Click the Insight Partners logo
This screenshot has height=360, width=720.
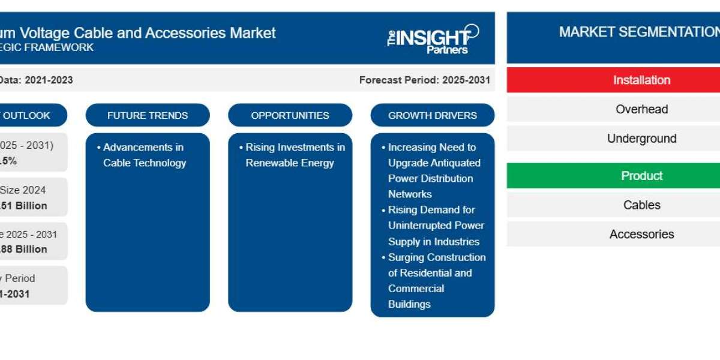(x=433, y=38)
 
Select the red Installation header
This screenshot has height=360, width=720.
(x=641, y=80)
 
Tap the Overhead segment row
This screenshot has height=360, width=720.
(x=641, y=109)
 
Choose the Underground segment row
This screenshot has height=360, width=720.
(x=641, y=139)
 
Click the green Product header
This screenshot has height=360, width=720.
(x=641, y=176)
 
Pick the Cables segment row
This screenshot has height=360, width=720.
(x=641, y=205)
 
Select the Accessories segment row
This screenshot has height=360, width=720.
(x=641, y=234)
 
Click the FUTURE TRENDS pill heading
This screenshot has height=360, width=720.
(x=148, y=115)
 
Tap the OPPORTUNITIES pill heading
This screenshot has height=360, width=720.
(x=290, y=115)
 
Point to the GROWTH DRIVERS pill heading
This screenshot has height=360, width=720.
(x=433, y=115)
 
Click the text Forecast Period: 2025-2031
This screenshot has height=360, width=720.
(x=424, y=80)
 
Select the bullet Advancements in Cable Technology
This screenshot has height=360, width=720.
(x=144, y=155)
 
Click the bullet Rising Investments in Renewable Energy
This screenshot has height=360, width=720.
(x=295, y=155)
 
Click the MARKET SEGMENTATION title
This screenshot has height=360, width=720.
(x=638, y=32)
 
